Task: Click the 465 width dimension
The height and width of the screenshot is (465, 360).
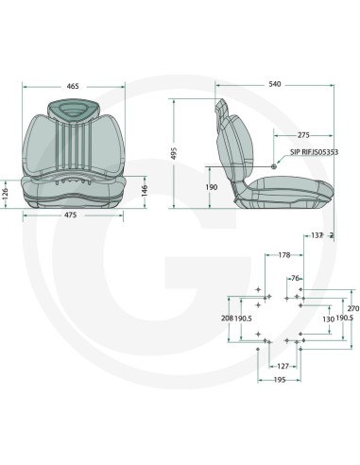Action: [73, 86]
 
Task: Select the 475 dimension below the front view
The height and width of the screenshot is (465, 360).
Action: [71, 215]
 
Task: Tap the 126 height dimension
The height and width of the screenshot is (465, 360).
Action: [5, 194]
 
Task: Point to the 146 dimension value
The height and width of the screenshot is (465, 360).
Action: [145, 191]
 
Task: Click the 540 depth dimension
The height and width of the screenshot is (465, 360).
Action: [274, 84]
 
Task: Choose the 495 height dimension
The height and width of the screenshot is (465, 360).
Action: [176, 153]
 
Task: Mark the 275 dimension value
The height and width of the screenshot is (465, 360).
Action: [303, 135]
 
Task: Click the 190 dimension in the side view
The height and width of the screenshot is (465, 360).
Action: [212, 187]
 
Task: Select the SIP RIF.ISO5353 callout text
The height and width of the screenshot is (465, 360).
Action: [314, 152]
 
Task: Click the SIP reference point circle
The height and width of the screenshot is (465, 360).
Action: [274, 165]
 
